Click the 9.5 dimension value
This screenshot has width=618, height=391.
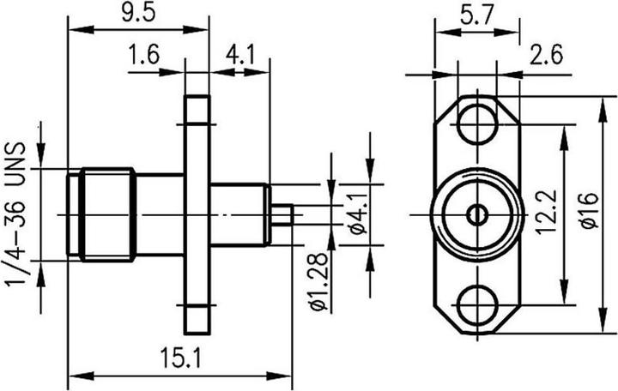coord(138,14)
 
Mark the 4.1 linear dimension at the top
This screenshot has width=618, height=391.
coord(239,57)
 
